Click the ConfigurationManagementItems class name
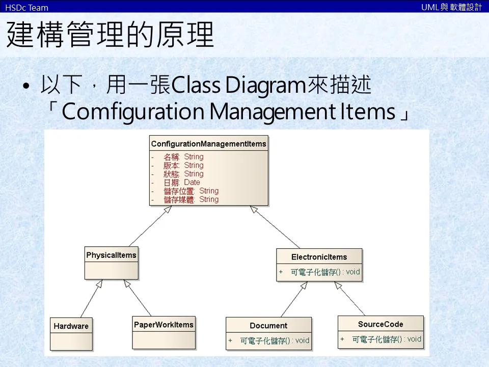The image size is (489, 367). coord(208,144)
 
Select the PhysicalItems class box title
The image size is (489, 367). coord(111,255)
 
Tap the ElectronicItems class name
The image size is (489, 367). coord(319,257)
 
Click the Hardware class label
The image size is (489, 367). coord(71,326)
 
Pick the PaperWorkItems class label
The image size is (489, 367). coord(164,325)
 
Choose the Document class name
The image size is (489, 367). coord(268,326)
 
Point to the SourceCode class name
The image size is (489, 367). coord(380,324)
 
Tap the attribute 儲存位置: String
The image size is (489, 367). coord(191,191)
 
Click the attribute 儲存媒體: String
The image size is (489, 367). coord(191,200)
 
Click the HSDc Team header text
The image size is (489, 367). coord(26,8)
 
